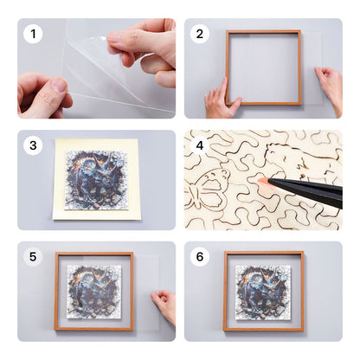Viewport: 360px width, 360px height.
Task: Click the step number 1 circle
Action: point(34,35)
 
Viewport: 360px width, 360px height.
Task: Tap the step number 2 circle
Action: point(201,35)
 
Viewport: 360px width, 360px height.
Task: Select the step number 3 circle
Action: point(34,145)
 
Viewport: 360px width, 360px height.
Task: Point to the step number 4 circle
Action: point(201,145)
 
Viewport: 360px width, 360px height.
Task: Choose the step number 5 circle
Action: point(34,257)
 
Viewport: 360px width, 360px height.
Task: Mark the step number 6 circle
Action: point(201,257)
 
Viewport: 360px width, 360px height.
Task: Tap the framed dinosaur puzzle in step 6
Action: point(263,291)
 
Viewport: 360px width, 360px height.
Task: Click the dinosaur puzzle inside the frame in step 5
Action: point(94,292)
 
